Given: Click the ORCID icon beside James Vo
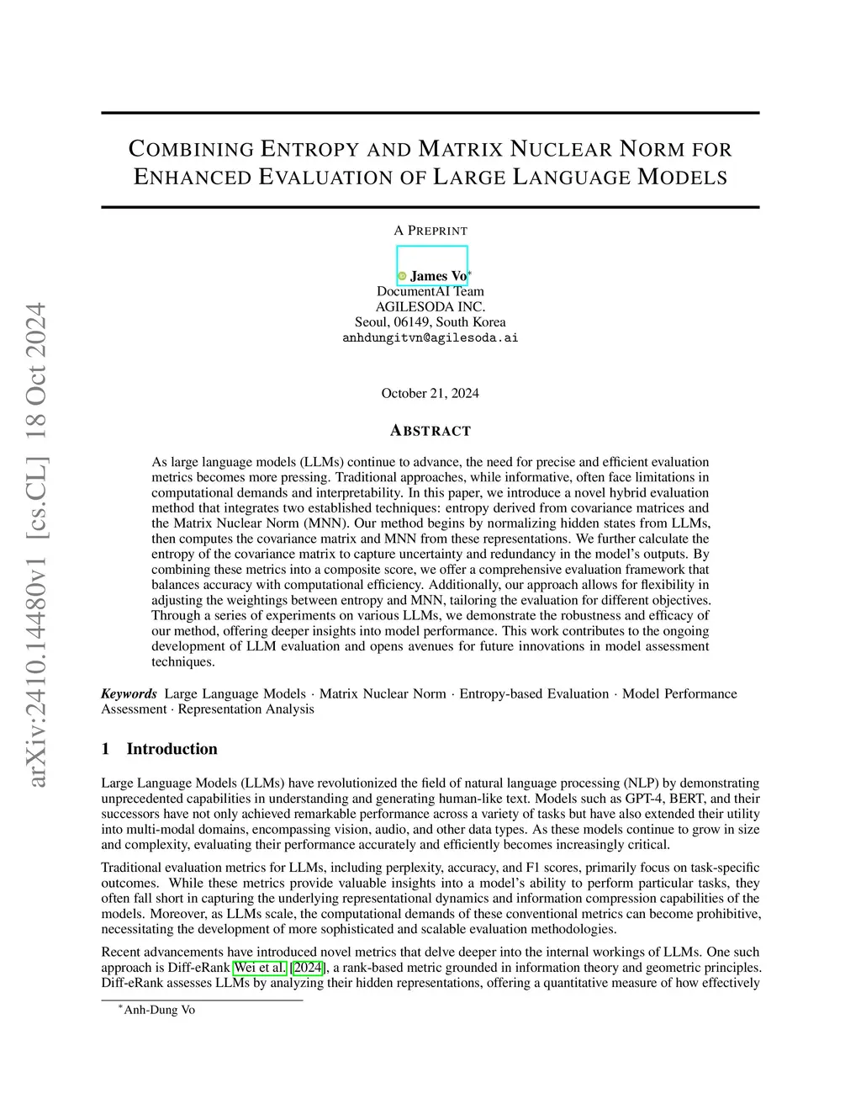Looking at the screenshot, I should coord(402,276).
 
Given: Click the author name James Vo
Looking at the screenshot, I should coord(438,276).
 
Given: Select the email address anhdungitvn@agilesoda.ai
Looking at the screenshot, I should coord(430,337).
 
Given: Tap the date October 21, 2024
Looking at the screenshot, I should coord(430,393).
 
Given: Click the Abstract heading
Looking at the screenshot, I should coord(430,431).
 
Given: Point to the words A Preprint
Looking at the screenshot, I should coord(430,231).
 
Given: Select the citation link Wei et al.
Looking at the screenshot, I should coord(260,967).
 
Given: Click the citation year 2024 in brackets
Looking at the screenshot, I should coord(307,967).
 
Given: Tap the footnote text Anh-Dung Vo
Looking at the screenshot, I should coord(159,1010).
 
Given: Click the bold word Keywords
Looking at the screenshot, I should coord(129,693).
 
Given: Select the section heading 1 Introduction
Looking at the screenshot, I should coord(159,749).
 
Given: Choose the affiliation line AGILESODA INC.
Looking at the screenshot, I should coord(430,306).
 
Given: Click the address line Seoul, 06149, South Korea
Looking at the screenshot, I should coord(430,321).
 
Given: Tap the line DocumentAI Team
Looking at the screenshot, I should coord(430,291).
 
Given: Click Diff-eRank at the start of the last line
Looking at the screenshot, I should coord(132,982).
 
